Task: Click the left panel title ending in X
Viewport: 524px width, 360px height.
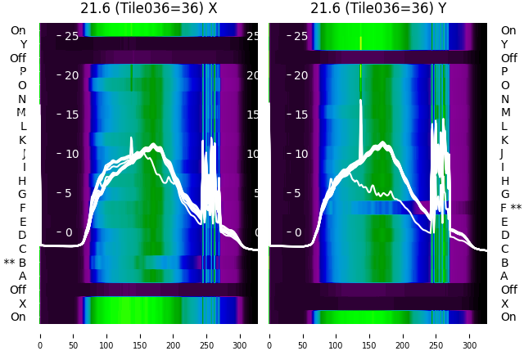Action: (x=148, y=8)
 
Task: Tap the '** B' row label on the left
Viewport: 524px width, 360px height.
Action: (x=16, y=263)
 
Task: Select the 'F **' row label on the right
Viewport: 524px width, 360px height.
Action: (x=511, y=208)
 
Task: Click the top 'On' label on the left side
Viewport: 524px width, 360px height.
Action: (x=18, y=30)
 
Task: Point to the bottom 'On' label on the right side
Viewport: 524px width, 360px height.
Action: (x=508, y=317)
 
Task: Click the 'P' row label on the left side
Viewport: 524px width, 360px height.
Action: (x=22, y=71)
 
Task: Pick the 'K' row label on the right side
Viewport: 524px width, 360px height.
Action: (x=504, y=140)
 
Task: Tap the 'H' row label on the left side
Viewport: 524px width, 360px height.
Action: (x=22, y=181)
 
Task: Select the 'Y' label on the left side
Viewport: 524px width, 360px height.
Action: (x=23, y=44)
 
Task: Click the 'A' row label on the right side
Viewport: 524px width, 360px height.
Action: (x=504, y=276)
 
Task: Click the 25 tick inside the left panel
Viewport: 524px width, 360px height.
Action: (x=71, y=36)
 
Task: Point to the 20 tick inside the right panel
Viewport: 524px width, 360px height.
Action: (x=300, y=75)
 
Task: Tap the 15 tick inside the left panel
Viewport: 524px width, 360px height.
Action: (x=71, y=115)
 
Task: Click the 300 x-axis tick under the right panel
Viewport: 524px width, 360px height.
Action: (x=470, y=335)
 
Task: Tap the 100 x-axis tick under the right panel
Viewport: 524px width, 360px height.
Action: (x=336, y=335)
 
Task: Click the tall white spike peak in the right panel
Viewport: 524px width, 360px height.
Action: (x=360, y=101)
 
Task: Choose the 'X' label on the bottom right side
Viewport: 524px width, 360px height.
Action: (x=504, y=304)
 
